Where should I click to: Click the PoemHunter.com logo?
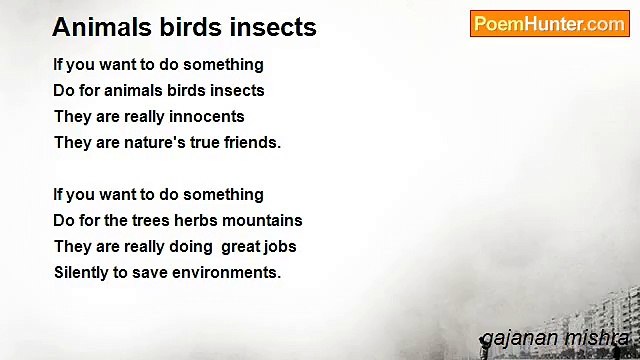549,24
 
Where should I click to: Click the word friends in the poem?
250,142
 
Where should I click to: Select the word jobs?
279,246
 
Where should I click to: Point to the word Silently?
84,272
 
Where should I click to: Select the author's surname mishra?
598,338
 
